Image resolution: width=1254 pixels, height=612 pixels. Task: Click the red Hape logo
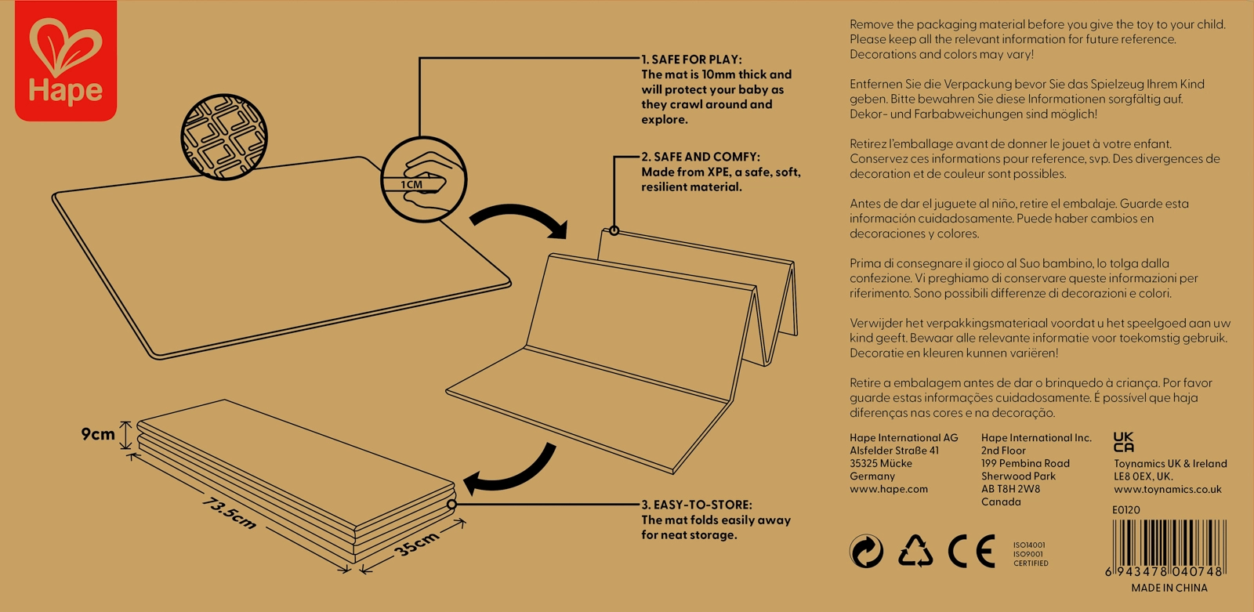click(66, 61)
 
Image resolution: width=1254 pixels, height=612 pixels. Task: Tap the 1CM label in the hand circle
click(412, 185)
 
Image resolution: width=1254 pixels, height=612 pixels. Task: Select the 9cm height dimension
click(98, 434)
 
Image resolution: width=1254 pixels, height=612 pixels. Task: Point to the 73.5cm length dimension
click(229, 512)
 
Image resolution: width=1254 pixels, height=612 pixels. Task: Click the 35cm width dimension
click(417, 543)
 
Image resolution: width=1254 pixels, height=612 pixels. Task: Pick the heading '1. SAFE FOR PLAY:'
click(691, 60)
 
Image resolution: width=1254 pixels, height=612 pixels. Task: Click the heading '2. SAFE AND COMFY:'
click(701, 157)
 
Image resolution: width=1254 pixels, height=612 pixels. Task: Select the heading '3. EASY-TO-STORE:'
click(697, 505)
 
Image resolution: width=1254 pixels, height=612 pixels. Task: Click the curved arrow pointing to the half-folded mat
click(521, 219)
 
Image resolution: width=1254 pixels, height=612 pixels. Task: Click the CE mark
click(972, 552)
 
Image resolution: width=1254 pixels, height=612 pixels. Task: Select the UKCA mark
click(1123, 442)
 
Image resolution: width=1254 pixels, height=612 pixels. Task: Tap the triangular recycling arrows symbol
click(915, 551)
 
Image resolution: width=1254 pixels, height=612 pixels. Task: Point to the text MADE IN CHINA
click(1169, 588)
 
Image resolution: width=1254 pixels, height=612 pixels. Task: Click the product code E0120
click(1125, 509)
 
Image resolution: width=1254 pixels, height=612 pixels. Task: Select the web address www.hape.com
click(889, 489)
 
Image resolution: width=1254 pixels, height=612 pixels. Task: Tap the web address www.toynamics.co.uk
click(1167, 489)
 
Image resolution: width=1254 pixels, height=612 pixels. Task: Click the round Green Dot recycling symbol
click(867, 552)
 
